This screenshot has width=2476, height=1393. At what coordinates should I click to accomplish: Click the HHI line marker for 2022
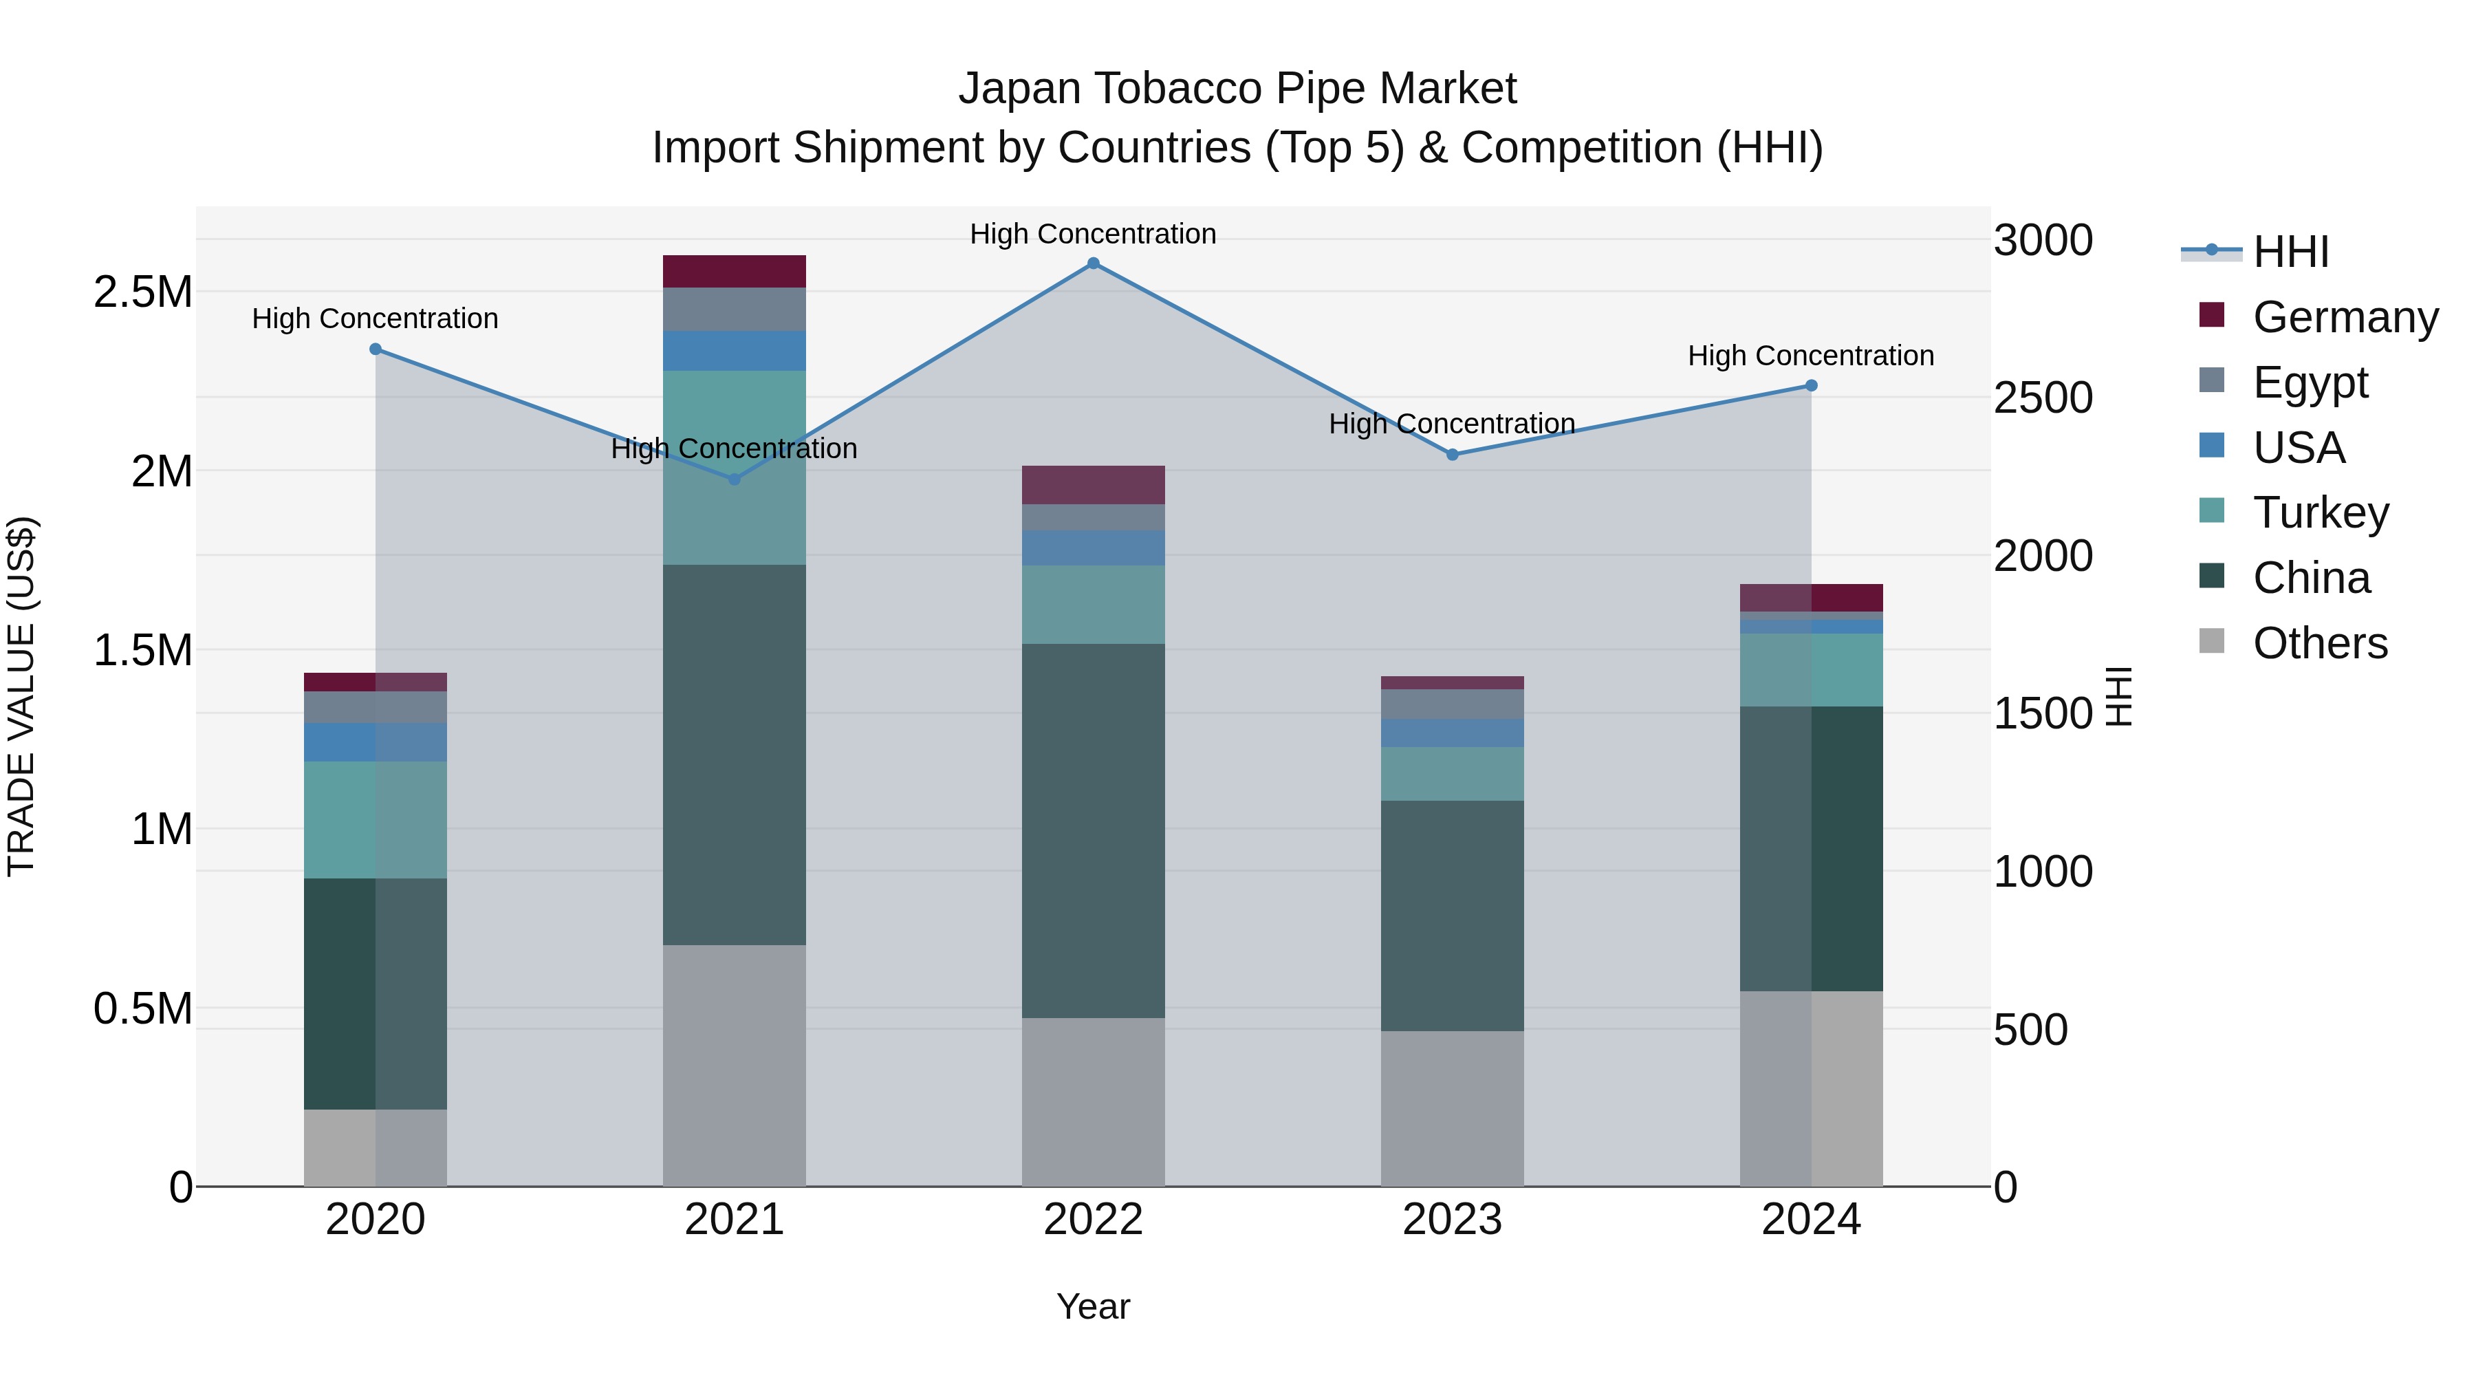click(x=1093, y=263)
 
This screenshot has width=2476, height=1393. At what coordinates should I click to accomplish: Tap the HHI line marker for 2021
click(x=735, y=479)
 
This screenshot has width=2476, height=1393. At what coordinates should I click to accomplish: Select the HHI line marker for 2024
click(x=1811, y=385)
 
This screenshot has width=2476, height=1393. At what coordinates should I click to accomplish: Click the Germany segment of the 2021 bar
click(x=735, y=271)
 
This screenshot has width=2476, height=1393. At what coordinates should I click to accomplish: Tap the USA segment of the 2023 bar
click(x=1453, y=733)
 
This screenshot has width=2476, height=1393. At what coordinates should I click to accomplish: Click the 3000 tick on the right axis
click(x=2043, y=240)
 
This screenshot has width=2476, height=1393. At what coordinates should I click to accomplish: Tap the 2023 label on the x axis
click(x=1453, y=1219)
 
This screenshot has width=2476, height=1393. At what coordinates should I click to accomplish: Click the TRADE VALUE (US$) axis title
click(x=21, y=696)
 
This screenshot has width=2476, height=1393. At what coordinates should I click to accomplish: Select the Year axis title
click(x=1093, y=1306)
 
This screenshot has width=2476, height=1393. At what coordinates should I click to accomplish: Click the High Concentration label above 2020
click(x=375, y=318)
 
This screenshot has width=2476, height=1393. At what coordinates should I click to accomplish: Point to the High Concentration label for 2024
click(x=1811, y=356)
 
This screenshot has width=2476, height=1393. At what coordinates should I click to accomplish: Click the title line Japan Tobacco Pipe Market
click(x=1237, y=89)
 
